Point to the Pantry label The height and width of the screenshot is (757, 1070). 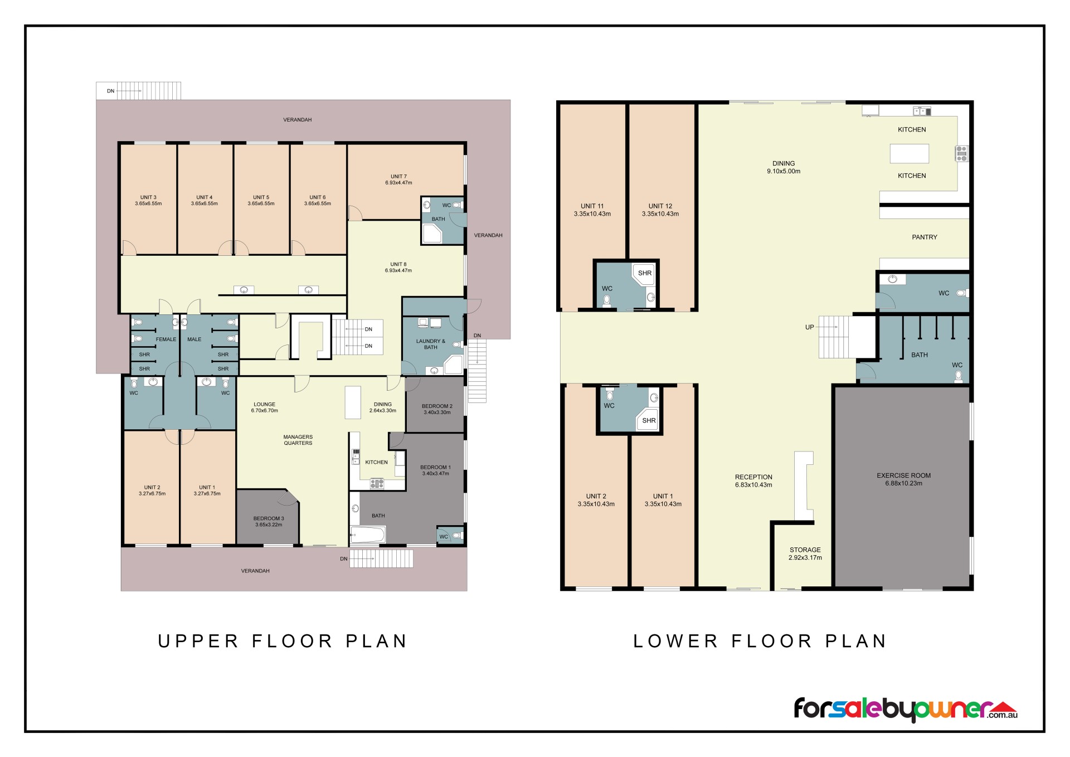pyautogui.click(x=925, y=237)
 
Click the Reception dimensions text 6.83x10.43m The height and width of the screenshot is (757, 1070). pyautogui.click(x=753, y=485)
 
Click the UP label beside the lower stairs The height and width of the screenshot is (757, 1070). pyautogui.click(x=809, y=327)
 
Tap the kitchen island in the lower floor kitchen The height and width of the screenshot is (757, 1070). pyautogui.click(x=909, y=153)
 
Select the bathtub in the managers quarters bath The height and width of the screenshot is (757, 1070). pyautogui.click(x=368, y=535)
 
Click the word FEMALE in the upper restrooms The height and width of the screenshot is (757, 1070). pyautogui.click(x=166, y=339)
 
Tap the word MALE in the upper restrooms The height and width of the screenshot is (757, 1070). pyautogui.click(x=194, y=339)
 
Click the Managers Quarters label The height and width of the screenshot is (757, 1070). pyautogui.click(x=298, y=440)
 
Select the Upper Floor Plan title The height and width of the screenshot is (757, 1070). pyautogui.click(x=283, y=641)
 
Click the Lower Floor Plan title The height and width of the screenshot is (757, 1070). pyautogui.click(x=760, y=641)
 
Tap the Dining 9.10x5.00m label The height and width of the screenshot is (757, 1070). pyautogui.click(x=784, y=167)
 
